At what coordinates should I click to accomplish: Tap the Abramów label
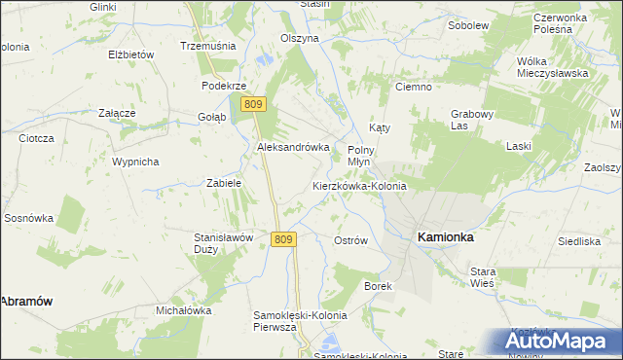tap(25, 302)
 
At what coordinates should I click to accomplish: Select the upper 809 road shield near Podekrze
tap(255, 104)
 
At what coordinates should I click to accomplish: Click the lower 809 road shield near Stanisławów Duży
tap(283, 239)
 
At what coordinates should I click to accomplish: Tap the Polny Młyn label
tap(361, 156)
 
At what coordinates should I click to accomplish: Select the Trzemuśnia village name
tap(203, 46)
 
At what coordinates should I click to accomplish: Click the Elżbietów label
tap(131, 54)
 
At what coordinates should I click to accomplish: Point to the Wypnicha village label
tap(135, 162)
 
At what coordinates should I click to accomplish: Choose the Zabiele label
tap(224, 182)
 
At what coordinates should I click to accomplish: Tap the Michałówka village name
tap(184, 310)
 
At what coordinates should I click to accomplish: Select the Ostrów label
tap(350, 240)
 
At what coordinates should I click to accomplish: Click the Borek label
tap(378, 286)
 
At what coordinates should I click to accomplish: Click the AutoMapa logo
tap(562, 341)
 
